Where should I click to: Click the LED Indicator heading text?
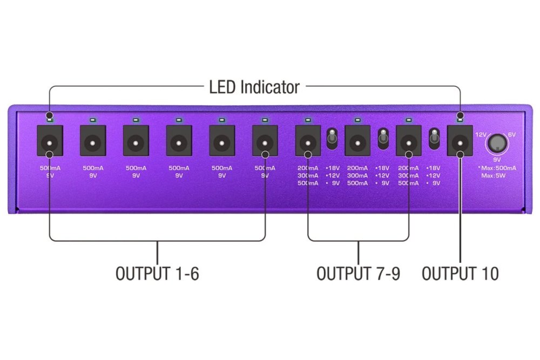tap(254, 87)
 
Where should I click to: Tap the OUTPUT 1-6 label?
tap(157, 274)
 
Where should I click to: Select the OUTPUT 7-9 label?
tap(358, 274)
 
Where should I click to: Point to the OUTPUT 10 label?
tap(460, 274)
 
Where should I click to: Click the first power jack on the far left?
tap(50, 140)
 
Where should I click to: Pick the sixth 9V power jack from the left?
tap(265, 140)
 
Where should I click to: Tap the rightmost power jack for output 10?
tap(460, 140)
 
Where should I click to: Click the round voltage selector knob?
tap(497, 143)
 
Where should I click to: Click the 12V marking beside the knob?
tap(481, 134)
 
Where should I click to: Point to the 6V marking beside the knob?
tap(512, 134)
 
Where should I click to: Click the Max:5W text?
tap(494, 175)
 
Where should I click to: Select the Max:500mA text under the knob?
tap(497, 168)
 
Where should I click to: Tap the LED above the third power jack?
tap(136, 120)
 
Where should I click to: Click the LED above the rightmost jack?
tap(460, 120)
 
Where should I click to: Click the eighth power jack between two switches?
tap(357, 140)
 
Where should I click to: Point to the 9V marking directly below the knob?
tap(497, 160)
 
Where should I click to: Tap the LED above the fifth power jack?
tap(222, 120)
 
